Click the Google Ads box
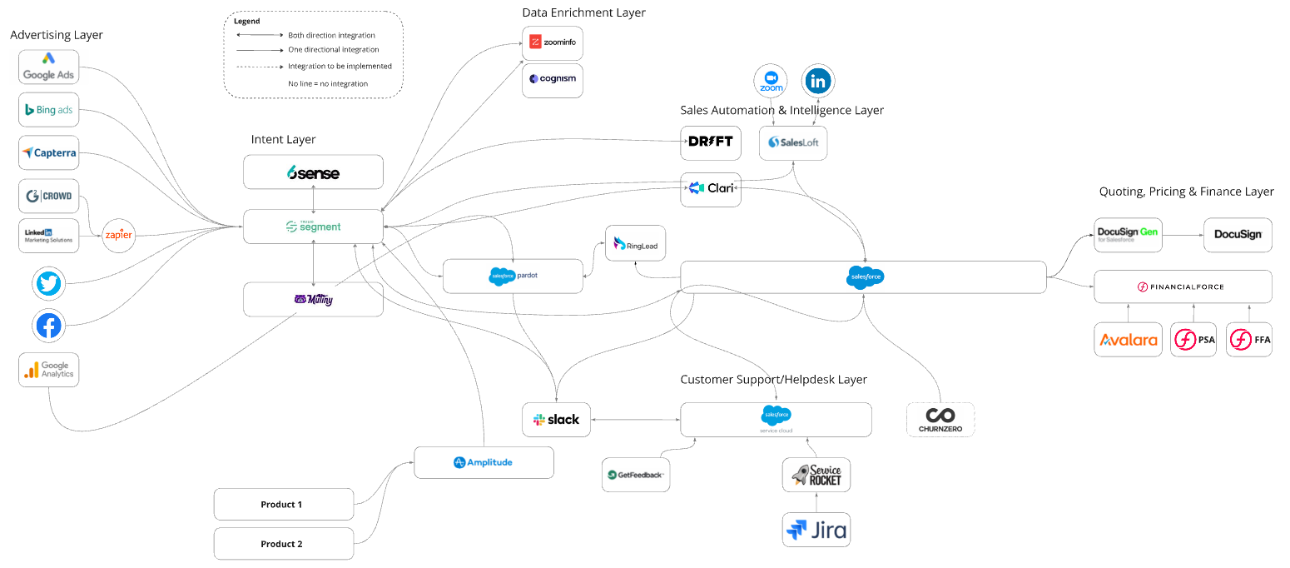pyautogui.click(x=49, y=67)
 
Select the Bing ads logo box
pyautogui.click(x=49, y=110)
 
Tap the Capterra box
pyautogui.click(x=49, y=152)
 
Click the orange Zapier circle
pyautogui.click(x=118, y=236)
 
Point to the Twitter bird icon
pyautogui.click(x=49, y=284)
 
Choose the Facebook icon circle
pyautogui.click(x=49, y=326)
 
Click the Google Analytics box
pyautogui.click(x=49, y=370)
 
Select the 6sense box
pyautogui.click(x=313, y=172)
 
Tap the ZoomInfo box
pyautogui.click(x=553, y=42)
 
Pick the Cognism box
pyautogui.click(x=553, y=80)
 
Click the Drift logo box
pyautogui.click(x=711, y=142)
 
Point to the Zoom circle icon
pyautogui.click(x=771, y=82)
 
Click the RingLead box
pyautogui.click(x=636, y=243)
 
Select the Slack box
pyautogui.click(x=556, y=420)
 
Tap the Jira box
pyautogui.click(x=816, y=530)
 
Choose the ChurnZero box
pyautogui.click(x=940, y=419)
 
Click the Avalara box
pyautogui.click(x=1128, y=340)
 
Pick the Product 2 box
pyautogui.click(x=283, y=544)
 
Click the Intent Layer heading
pyautogui.click(x=284, y=139)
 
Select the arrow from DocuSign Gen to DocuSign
pyautogui.click(x=1183, y=235)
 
